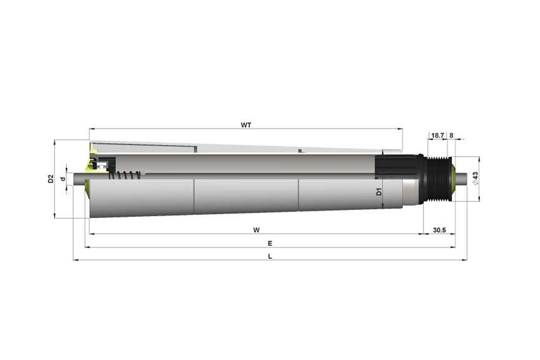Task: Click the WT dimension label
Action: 246,125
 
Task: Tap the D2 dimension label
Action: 51,179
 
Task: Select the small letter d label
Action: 62,179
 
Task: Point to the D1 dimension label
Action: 379,192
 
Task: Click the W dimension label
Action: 256,230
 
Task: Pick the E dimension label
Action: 270,243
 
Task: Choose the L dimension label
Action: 270,256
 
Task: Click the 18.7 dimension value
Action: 437,135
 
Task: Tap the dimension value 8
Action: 451,135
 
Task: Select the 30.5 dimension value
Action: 440,230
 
